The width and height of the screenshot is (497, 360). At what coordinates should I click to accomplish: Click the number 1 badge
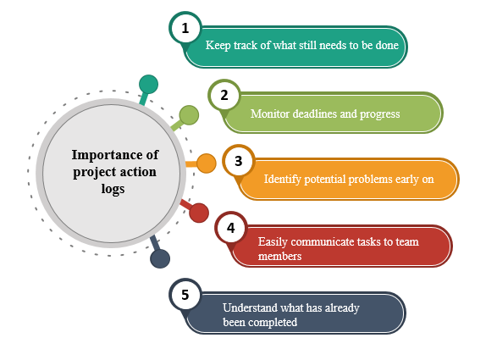(x=185, y=28)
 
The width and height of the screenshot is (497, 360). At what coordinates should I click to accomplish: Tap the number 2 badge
(x=224, y=95)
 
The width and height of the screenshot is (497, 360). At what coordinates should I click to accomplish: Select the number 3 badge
(x=239, y=161)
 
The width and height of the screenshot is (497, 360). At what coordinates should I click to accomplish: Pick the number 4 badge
(x=231, y=228)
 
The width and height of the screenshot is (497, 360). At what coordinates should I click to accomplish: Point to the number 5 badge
(x=185, y=295)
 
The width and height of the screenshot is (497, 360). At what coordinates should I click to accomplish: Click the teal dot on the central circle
(x=148, y=85)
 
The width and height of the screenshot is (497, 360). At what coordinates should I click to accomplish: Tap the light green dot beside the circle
(x=189, y=115)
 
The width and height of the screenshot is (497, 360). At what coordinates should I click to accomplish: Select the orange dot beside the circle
(x=207, y=163)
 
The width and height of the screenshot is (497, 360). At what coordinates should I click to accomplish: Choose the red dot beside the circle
(x=199, y=213)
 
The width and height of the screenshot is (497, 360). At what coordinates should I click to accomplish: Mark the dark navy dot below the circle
(x=160, y=258)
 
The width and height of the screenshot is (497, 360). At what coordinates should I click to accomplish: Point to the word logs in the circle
(x=113, y=190)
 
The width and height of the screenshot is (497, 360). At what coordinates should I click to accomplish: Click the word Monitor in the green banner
(x=269, y=114)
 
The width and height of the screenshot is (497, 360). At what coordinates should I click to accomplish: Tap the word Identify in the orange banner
(x=283, y=180)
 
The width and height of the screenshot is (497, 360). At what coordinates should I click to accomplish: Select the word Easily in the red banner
(x=273, y=242)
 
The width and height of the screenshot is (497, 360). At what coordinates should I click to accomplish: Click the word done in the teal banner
(x=387, y=45)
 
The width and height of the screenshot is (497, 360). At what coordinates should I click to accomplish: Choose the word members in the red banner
(x=279, y=256)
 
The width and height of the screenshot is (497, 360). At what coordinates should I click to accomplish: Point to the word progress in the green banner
(x=379, y=114)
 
